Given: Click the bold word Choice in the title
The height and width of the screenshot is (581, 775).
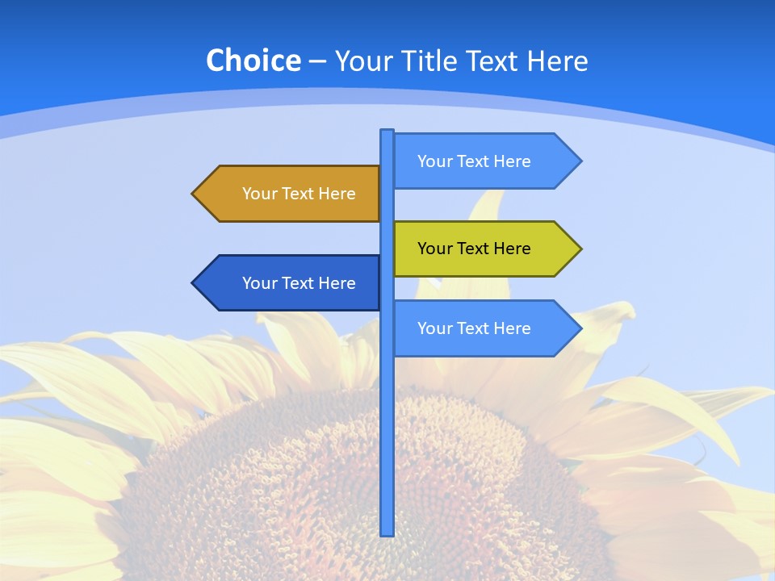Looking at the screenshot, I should pos(253,61).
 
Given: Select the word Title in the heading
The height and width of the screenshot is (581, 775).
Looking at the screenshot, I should pos(433,61).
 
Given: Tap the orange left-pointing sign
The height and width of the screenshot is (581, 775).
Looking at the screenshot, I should pos(291,194).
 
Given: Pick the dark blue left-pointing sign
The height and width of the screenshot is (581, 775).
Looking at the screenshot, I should pos(291,282).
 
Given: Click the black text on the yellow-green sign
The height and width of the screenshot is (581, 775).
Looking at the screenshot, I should pos(474,249).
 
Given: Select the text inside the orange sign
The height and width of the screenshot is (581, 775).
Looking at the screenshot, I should pos(299,194).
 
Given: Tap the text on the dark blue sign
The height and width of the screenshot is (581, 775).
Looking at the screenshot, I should pos(299,283).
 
